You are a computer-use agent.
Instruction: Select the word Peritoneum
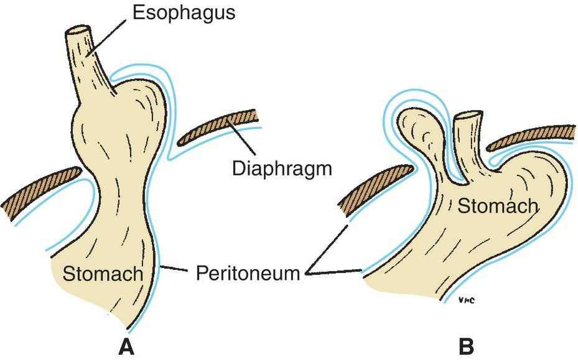(x=247, y=272)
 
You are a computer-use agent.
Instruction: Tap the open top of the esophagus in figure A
(x=77, y=31)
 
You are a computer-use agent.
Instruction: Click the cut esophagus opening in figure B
(x=467, y=115)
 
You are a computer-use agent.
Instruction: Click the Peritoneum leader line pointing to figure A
(x=181, y=269)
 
